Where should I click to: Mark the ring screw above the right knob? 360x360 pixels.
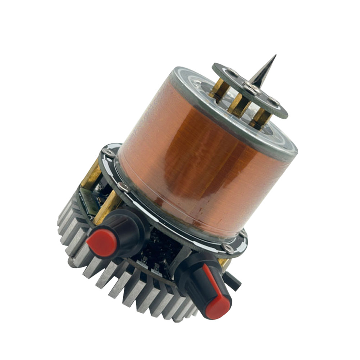[x=227, y=247]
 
